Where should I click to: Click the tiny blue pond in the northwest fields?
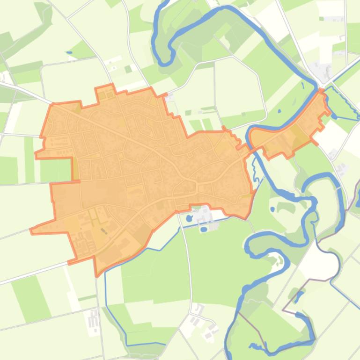click(69, 52)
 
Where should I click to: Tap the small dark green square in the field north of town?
click(128, 69)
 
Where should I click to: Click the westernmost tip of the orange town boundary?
click(31, 230)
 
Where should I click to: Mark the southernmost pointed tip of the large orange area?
click(96, 275)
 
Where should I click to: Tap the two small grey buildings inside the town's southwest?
click(103, 230)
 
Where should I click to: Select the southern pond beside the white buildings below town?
click(204, 230)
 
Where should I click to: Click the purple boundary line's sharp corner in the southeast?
click(283, 310)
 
